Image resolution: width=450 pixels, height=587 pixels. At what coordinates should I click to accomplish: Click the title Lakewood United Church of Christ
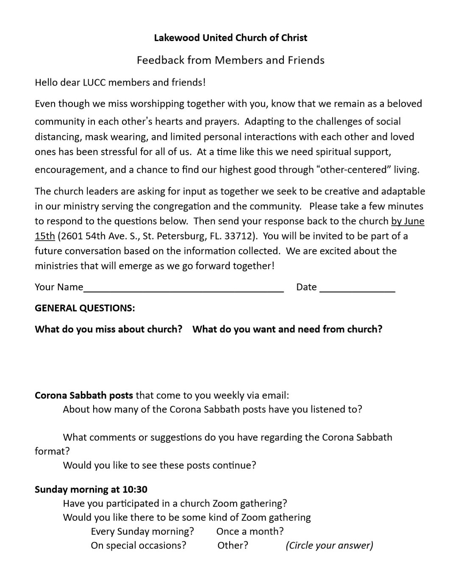pos(231,38)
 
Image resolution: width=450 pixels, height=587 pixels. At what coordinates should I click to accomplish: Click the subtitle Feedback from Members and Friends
pos(231,60)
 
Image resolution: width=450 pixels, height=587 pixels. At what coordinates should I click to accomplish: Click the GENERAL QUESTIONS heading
pos(85,308)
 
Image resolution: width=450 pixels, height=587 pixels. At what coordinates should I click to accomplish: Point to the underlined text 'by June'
pos(408,221)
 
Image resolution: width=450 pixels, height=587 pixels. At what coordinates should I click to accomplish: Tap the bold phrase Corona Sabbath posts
pos(84,395)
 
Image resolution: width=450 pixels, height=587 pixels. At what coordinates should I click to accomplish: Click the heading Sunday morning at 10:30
pos(91,490)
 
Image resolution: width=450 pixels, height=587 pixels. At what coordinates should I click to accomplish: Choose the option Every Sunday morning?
pos(142,531)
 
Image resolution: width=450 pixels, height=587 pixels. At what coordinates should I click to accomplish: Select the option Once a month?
pos(250,531)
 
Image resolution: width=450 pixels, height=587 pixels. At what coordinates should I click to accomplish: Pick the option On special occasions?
pos(139,545)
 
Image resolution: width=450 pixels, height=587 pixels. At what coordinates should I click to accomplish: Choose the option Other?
pos(233,545)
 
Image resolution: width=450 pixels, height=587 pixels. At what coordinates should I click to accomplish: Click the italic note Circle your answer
pos(329,545)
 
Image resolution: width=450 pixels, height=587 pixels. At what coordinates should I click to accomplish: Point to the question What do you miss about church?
pos(108,329)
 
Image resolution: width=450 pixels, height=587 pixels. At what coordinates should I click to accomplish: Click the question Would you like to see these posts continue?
pos(159,465)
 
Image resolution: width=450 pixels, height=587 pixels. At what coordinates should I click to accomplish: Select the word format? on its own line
pos(52,451)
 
